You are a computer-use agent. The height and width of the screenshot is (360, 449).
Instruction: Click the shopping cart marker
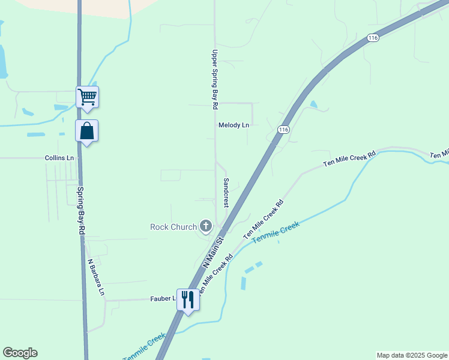click(x=88, y=96)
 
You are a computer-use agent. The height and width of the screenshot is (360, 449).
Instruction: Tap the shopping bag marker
click(x=87, y=130)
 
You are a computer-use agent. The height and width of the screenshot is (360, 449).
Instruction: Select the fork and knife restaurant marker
click(x=188, y=299)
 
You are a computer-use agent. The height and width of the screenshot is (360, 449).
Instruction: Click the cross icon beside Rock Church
click(x=206, y=226)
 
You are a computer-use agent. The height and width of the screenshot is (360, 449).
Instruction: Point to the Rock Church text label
click(x=173, y=227)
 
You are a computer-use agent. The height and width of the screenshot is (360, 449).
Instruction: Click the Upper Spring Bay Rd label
click(x=213, y=79)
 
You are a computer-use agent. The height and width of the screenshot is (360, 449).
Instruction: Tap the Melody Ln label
click(x=234, y=125)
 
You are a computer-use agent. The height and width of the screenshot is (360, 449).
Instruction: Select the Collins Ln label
click(x=59, y=158)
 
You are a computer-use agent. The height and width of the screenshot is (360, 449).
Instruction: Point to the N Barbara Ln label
click(x=96, y=277)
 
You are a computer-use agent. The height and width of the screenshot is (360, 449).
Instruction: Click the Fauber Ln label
click(x=163, y=298)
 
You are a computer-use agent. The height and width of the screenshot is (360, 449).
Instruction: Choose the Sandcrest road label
click(x=226, y=193)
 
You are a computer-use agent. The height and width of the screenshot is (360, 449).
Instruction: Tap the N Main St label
click(x=212, y=253)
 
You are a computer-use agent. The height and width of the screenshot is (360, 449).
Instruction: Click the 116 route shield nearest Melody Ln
click(x=284, y=130)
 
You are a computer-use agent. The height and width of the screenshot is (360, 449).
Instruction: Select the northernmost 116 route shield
click(x=373, y=38)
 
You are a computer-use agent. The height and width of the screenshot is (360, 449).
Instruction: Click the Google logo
click(x=20, y=353)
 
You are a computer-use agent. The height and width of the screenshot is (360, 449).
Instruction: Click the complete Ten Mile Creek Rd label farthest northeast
click(x=349, y=158)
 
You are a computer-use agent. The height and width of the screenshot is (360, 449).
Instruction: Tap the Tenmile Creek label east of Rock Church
click(x=276, y=232)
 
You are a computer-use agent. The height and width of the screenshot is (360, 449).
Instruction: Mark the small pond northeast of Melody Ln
click(x=313, y=104)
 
